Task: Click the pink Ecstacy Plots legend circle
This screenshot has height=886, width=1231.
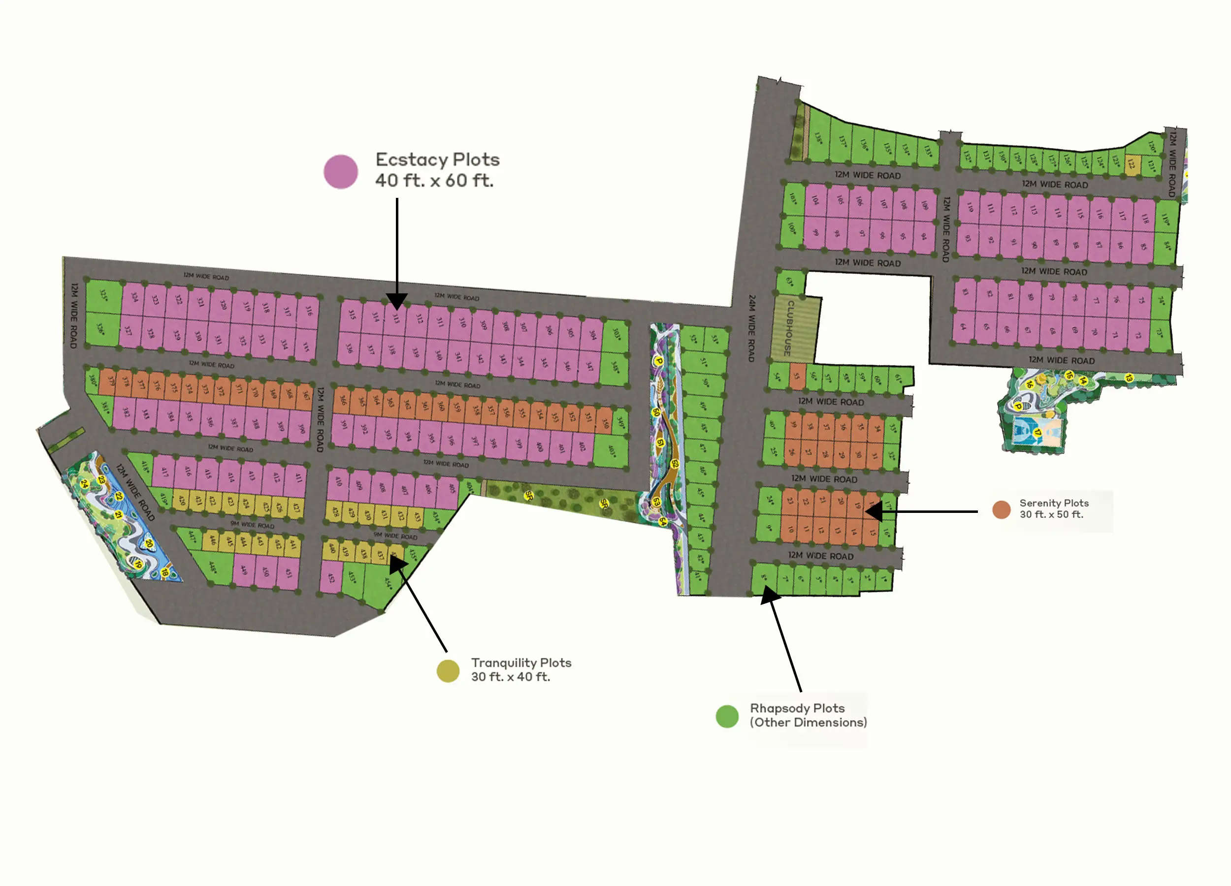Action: [340, 171]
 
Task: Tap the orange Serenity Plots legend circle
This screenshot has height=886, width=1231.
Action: [1001, 509]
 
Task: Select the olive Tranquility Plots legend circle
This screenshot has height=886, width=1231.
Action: [448, 670]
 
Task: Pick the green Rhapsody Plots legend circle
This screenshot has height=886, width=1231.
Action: [727, 716]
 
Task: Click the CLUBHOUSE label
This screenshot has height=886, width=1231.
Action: [790, 328]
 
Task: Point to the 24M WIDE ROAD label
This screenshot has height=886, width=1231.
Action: [751, 328]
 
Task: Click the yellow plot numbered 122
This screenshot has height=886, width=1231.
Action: [1131, 163]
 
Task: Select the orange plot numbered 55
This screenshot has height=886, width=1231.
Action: [797, 376]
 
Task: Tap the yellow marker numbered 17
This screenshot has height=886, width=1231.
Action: [1037, 433]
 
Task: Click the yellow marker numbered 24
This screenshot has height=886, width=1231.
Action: [84, 483]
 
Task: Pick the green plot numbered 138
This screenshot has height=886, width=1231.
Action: [817, 138]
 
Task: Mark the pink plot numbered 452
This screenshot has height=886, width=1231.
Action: [331, 577]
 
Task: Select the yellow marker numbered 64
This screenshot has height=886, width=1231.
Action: [662, 522]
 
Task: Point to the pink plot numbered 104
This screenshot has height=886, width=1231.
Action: [815, 200]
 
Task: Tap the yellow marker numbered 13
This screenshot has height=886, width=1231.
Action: [1129, 377]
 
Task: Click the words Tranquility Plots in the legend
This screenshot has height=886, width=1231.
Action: [520, 663]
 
